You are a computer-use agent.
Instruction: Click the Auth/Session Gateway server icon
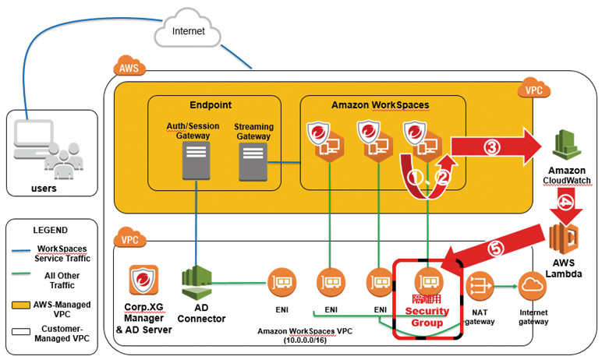(x=193, y=159)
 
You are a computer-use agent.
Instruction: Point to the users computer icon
(x=37, y=145)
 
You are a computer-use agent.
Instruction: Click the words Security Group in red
(x=427, y=317)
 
